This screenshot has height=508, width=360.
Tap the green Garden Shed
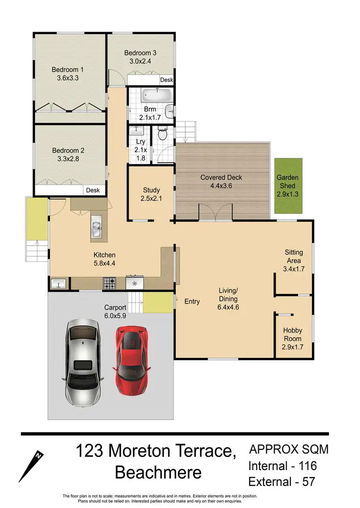pyautogui.click(x=288, y=186)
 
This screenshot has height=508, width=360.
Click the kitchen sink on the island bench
pyautogui.click(x=96, y=229)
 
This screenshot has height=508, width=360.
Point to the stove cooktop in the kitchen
pyautogui.click(x=109, y=284)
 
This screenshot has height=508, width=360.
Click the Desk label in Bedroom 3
pyautogui.click(x=166, y=80)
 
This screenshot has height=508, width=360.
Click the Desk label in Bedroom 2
pyautogui.click(x=93, y=190)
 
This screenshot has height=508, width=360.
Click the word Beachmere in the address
pyautogui.click(x=158, y=472)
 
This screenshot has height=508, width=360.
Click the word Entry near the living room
pyautogui.click(x=192, y=302)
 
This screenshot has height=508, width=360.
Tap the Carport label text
pyautogui.click(x=115, y=307)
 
